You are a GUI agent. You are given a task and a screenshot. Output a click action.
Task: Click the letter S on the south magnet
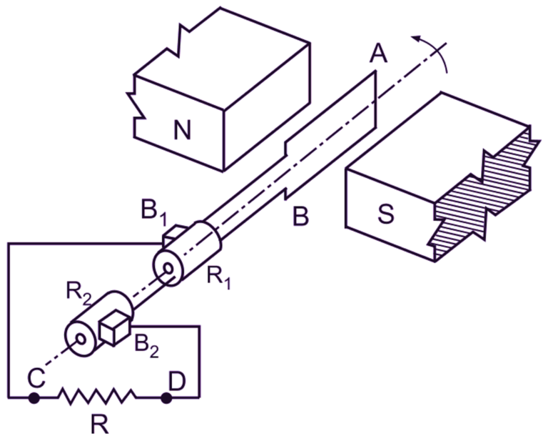(x=385, y=214)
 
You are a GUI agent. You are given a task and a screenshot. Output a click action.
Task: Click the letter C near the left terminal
(x=34, y=377)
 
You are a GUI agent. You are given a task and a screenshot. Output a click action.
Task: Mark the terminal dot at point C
(x=33, y=397)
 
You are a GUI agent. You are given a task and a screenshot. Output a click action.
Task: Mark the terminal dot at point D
(x=166, y=397)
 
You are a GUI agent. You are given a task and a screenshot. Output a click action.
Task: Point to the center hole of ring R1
(x=168, y=271)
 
